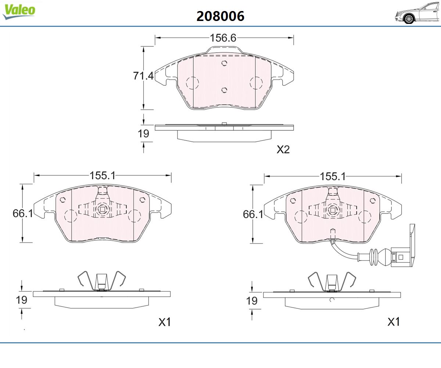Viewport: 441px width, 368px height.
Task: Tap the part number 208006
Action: pos(220,16)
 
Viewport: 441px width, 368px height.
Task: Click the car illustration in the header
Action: pos(417,13)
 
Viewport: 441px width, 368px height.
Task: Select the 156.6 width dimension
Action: pos(223,38)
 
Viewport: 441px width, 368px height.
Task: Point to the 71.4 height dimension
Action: pos(143,76)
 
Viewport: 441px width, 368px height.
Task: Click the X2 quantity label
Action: pos(283,149)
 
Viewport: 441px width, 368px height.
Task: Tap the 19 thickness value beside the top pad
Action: pos(143,134)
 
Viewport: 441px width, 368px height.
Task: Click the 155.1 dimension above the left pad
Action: pos(103,175)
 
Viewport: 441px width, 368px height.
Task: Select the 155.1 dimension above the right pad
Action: pos(333,176)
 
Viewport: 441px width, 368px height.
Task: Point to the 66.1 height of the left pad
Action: pos(23,213)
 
